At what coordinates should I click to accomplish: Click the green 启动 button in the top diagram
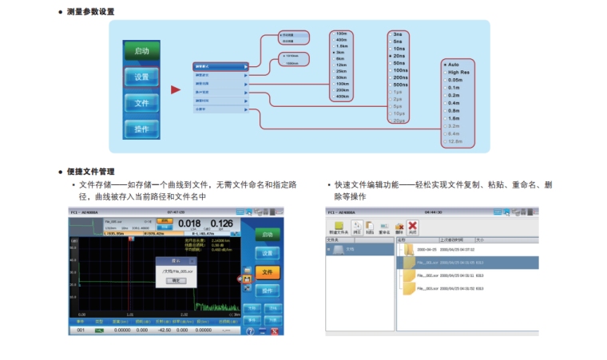coord(141,50)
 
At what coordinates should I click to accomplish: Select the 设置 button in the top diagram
coord(141,77)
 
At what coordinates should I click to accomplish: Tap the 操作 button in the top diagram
coord(141,129)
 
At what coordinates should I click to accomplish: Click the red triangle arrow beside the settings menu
coord(176,89)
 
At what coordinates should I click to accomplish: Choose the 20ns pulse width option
coord(399,56)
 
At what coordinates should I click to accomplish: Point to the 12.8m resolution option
coord(454,141)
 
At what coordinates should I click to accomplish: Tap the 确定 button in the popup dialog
coord(177,281)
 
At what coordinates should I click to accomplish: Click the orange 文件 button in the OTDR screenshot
coord(268,273)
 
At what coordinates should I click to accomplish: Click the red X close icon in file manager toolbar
coord(412,227)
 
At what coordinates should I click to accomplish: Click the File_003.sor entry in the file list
coord(447,288)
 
